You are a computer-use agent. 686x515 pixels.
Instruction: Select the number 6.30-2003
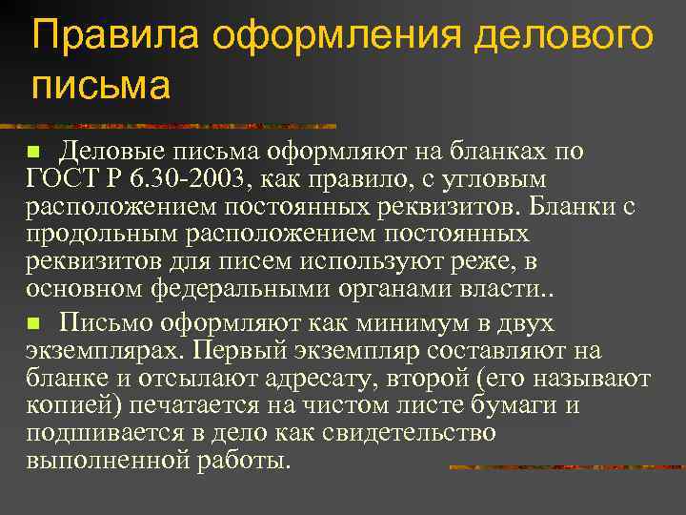[187, 179]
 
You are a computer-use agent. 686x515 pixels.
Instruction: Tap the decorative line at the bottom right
[567, 467]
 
